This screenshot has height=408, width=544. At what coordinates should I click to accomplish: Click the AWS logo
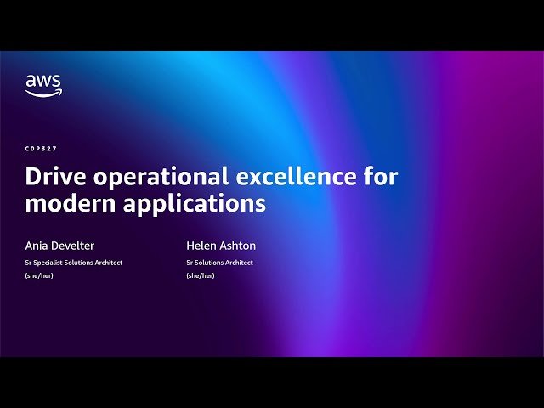(42, 86)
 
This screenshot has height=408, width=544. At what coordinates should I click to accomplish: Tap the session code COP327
(42, 149)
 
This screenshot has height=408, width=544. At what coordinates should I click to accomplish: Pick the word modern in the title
(71, 204)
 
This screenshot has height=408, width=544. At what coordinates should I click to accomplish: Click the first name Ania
(37, 246)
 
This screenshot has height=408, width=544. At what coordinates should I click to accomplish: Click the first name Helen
(201, 246)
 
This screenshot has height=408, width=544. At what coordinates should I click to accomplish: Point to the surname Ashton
(237, 246)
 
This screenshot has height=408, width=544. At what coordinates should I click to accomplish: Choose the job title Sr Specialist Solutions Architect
(74, 263)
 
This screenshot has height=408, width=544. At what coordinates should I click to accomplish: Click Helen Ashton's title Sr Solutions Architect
(219, 263)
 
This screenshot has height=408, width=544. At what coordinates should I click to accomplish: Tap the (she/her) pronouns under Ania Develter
(40, 275)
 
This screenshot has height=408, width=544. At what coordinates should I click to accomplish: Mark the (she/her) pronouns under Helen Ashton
(201, 275)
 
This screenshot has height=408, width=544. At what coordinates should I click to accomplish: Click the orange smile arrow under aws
(43, 93)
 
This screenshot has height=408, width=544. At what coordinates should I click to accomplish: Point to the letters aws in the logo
(42, 82)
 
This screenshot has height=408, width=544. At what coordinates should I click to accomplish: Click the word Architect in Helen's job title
(238, 263)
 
